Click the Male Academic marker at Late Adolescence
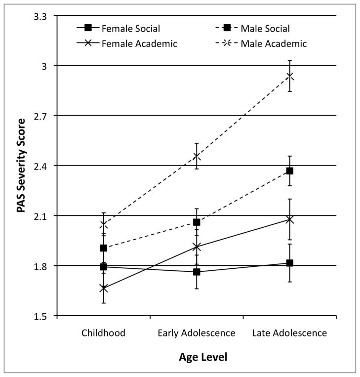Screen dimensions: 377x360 pyautogui.click(x=290, y=76)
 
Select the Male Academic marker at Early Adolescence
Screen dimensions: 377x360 pyautogui.click(x=197, y=157)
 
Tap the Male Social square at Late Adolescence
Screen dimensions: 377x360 pyautogui.click(x=290, y=171)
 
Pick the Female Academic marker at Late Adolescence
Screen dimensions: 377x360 pyautogui.click(x=290, y=219)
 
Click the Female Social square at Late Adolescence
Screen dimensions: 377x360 pyautogui.click(x=290, y=263)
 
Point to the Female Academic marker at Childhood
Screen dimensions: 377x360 pyautogui.click(x=103, y=288)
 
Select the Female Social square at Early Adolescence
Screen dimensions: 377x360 pyautogui.click(x=197, y=272)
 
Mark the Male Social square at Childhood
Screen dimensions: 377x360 pyautogui.click(x=103, y=248)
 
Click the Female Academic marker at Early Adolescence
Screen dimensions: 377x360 pyautogui.click(x=197, y=247)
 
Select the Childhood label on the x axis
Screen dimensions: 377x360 pyautogui.click(x=103, y=333)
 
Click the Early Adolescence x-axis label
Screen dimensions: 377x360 pyautogui.click(x=197, y=333)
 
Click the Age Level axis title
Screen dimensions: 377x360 pyautogui.click(x=197, y=356)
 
